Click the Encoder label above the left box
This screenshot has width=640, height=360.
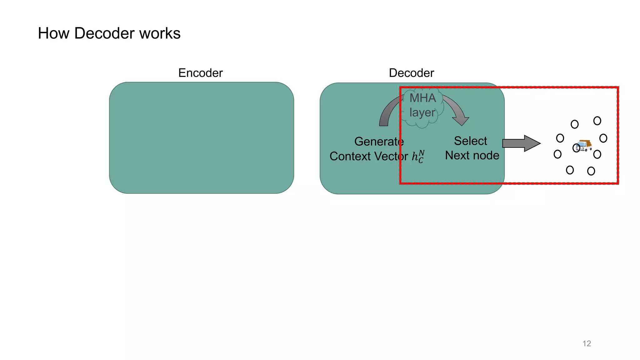200,73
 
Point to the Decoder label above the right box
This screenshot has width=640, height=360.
411,73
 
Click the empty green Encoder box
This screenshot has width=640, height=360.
201,138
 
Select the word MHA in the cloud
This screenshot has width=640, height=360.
422,98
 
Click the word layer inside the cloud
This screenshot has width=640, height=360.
422,112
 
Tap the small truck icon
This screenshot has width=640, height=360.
585,145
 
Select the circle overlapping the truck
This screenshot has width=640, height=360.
576,147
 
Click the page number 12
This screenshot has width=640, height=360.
587,343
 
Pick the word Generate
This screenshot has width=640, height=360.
379,142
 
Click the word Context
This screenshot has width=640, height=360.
350,156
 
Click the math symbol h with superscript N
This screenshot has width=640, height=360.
418,156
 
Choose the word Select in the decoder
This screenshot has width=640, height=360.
470,141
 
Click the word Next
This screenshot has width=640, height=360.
457,155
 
